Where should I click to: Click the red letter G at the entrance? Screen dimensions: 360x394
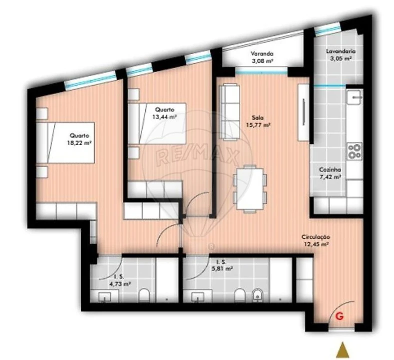click(340, 316)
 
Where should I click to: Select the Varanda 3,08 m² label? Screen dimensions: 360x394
click(262, 57)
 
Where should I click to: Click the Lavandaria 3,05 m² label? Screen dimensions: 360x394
click(340, 54)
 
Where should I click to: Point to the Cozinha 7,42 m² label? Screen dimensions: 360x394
click(330, 173)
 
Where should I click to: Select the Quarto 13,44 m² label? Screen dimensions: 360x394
click(166, 113)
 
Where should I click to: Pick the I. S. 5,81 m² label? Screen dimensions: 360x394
click(221, 265)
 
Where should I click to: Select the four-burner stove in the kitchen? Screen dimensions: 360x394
click(354, 151)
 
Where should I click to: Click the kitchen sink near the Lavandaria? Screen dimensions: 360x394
click(354, 98)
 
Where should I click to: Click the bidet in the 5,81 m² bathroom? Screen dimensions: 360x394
click(257, 295)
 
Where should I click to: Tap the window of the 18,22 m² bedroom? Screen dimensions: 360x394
click(90, 80)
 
